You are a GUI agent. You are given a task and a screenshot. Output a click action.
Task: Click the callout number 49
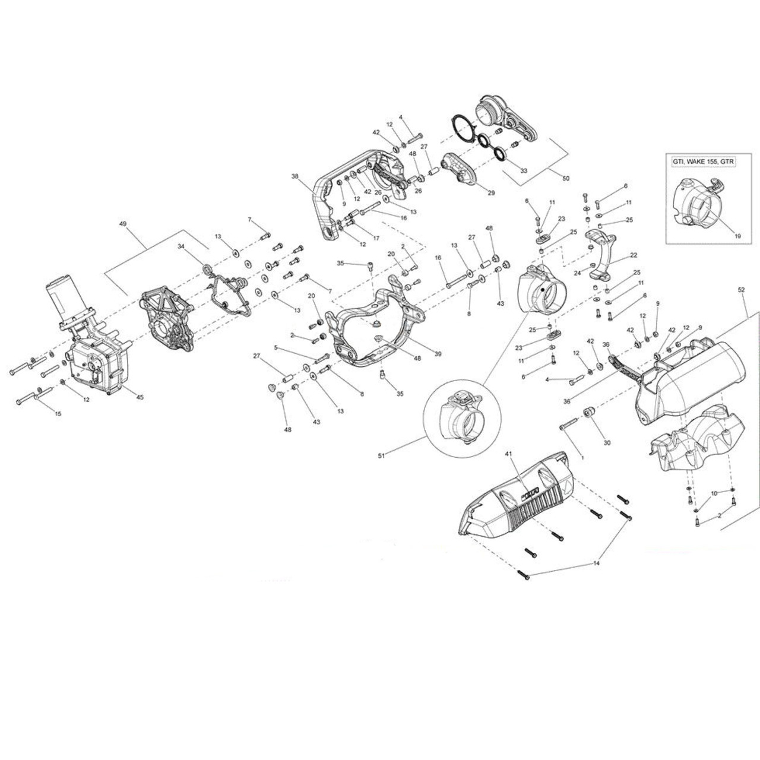[x=123, y=224]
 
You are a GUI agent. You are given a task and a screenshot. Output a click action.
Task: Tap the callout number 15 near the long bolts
[x=58, y=413]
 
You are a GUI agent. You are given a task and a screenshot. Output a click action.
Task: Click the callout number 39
[x=438, y=354]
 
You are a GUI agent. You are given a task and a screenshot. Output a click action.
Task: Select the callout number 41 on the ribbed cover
[x=508, y=454]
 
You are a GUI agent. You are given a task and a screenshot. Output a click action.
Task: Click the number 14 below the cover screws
[x=597, y=563]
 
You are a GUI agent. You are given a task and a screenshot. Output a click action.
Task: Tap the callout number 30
[x=606, y=442]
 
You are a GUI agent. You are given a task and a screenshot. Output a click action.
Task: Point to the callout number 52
[x=740, y=290]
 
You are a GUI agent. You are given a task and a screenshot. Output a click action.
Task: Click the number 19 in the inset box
[x=737, y=236]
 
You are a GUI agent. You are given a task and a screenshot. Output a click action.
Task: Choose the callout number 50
[x=565, y=178]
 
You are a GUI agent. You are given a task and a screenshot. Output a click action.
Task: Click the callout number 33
[x=523, y=170]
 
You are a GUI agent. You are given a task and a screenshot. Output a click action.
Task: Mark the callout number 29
[x=491, y=193]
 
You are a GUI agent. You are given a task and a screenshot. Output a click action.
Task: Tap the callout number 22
[x=634, y=255]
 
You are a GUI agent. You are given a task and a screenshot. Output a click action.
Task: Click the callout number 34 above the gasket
[x=181, y=246]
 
